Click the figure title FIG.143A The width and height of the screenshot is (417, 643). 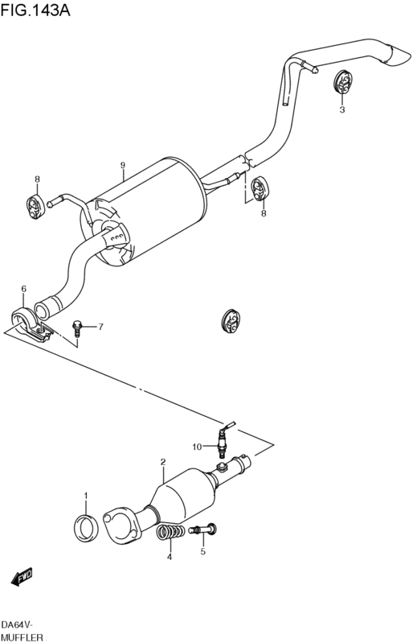coord(35,10)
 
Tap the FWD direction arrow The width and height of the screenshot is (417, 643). coord(21,577)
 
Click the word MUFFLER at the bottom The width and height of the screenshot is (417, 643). coord(22,637)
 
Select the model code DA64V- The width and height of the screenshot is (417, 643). coord(17,624)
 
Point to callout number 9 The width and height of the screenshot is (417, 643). coord(122,165)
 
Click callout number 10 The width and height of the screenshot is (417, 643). coord(197,447)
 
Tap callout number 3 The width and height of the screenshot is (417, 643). coord(342,109)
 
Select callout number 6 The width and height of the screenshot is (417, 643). coord(24,289)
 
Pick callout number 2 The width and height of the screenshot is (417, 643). coord(163,462)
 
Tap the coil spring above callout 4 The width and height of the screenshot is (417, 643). coord(170,532)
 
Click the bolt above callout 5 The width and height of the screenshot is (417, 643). coord(203,530)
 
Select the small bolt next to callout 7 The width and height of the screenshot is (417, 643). coord(77,328)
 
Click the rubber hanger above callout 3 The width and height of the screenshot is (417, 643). coord(341,81)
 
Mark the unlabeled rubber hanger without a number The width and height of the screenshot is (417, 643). coord(231,320)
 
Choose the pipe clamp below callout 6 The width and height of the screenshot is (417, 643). coord(29,323)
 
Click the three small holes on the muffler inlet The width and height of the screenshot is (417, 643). coord(117,237)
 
